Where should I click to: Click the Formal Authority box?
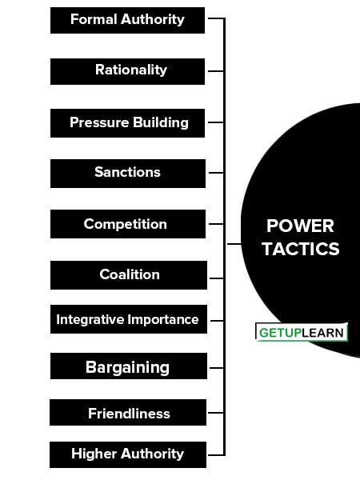tap(127, 20)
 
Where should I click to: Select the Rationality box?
tap(127, 71)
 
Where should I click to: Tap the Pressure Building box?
tap(127, 123)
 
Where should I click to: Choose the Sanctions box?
tap(128, 174)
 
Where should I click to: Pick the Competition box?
tap(128, 224)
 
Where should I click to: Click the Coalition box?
tap(129, 275)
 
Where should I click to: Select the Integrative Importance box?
tap(129, 319)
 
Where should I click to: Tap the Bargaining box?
tap(129, 366)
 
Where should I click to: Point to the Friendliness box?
tap(128, 412)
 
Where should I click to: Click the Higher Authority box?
tap(128, 454)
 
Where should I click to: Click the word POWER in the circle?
tap(300, 226)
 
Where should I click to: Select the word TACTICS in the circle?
tap(301, 249)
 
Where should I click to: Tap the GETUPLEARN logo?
tap(302, 332)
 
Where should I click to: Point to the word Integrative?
tap(90, 319)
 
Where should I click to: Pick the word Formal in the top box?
tap(94, 19)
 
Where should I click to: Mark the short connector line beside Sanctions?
tap(216, 173)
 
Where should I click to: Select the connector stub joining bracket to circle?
tap(234, 244)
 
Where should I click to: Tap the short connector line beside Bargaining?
tap(217, 368)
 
